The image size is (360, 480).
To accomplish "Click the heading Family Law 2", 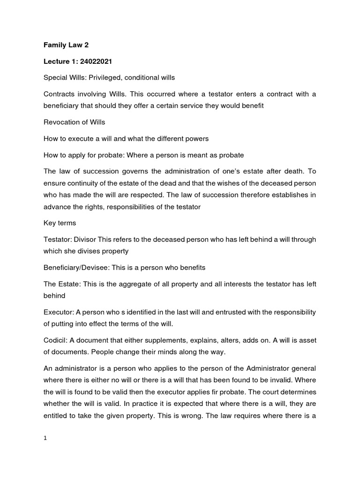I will (66, 45).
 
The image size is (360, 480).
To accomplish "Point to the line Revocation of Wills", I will (74, 122).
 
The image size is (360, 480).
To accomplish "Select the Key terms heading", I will (60, 223).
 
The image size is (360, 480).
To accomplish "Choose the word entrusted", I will (233, 312).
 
